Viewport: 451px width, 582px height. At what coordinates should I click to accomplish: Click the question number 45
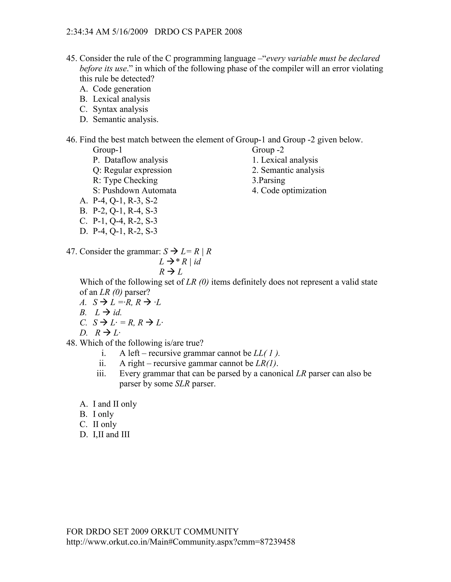71,58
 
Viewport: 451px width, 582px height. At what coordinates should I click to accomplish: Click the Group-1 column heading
107,150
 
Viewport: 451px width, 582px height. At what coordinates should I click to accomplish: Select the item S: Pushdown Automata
134,191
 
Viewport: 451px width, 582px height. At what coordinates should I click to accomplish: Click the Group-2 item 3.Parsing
268,180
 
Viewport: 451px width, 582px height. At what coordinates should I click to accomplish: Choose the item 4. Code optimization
289,191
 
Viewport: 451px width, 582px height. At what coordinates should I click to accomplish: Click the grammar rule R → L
171,272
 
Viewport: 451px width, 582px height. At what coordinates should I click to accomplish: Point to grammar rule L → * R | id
180,262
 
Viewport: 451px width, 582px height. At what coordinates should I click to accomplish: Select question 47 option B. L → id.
108,312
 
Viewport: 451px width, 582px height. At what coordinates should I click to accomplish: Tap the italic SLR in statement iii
182,384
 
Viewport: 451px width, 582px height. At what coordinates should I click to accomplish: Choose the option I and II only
115,404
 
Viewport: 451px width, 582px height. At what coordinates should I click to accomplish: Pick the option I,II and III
111,435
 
